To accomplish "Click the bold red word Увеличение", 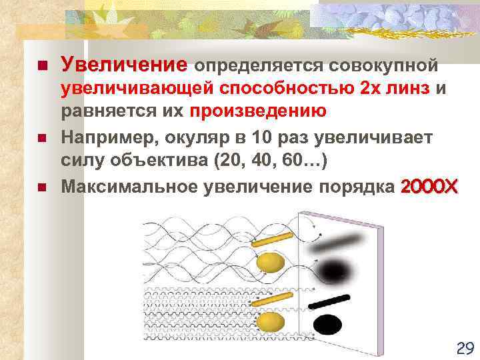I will [x=124, y=65].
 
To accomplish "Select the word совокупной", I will [x=380, y=66].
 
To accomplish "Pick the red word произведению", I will [x=258, y=111].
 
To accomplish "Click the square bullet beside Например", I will [x=42, y=138].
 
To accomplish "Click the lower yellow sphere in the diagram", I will [x=269, y=323].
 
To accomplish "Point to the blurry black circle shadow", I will [x=330, y=269].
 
